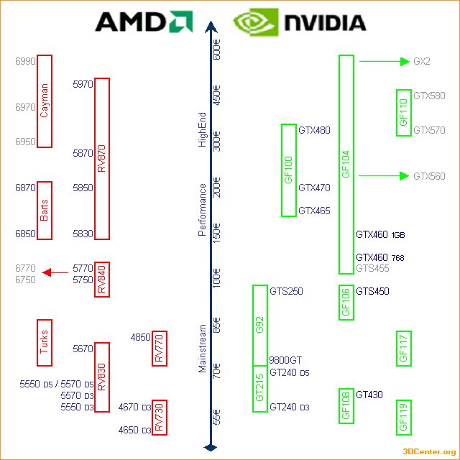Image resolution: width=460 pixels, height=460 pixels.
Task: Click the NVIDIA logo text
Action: (325, 22)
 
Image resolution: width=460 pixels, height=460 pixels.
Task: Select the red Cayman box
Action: (45, 101)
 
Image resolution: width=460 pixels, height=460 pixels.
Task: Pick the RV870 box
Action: (102, 158)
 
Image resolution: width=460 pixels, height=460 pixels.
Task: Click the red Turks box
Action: (45, 343)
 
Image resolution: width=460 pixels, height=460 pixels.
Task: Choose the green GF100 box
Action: (289, 170)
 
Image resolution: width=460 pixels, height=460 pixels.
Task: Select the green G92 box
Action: (260, 325)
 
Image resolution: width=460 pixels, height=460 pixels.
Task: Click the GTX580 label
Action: (429, 96)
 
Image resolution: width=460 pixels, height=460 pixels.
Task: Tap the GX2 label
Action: (422, 62)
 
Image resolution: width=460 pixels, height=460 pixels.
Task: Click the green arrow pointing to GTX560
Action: (383, 175)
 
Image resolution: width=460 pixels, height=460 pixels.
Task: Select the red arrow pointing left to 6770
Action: (55, 272)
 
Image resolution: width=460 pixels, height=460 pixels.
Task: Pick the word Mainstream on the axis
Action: (203, 349)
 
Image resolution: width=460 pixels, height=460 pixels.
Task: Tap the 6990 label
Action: (25, 62)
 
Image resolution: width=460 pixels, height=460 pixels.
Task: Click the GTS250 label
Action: (286, 291)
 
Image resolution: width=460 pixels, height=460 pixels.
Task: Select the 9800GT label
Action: (285, 360)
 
